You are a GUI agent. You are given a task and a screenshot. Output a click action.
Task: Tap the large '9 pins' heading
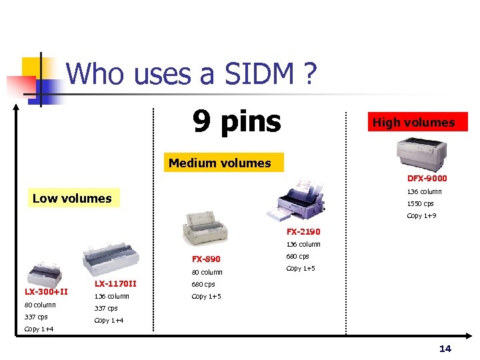pos(237,121)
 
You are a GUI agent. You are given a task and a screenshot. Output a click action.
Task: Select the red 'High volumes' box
pos(413,122)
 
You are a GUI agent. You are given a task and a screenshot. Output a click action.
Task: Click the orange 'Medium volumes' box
pos(220,163)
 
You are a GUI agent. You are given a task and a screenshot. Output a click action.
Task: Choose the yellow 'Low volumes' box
pos(72,198)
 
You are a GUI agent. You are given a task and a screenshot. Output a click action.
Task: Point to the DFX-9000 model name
pos(427,178)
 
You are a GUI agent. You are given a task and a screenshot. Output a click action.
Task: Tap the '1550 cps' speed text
pos(420,204)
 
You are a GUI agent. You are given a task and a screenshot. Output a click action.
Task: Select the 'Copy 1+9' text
pos(421,216)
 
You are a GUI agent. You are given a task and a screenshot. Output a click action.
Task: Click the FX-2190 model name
pos(303,231)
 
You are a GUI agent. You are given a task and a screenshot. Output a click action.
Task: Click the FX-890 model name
pos(206,259)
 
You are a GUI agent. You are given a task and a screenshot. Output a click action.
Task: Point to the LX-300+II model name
pos(46,291)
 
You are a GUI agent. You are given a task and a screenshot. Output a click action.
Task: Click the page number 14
pos(445,349)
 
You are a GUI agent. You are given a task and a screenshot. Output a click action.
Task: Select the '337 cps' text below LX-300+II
pos(36,317)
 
